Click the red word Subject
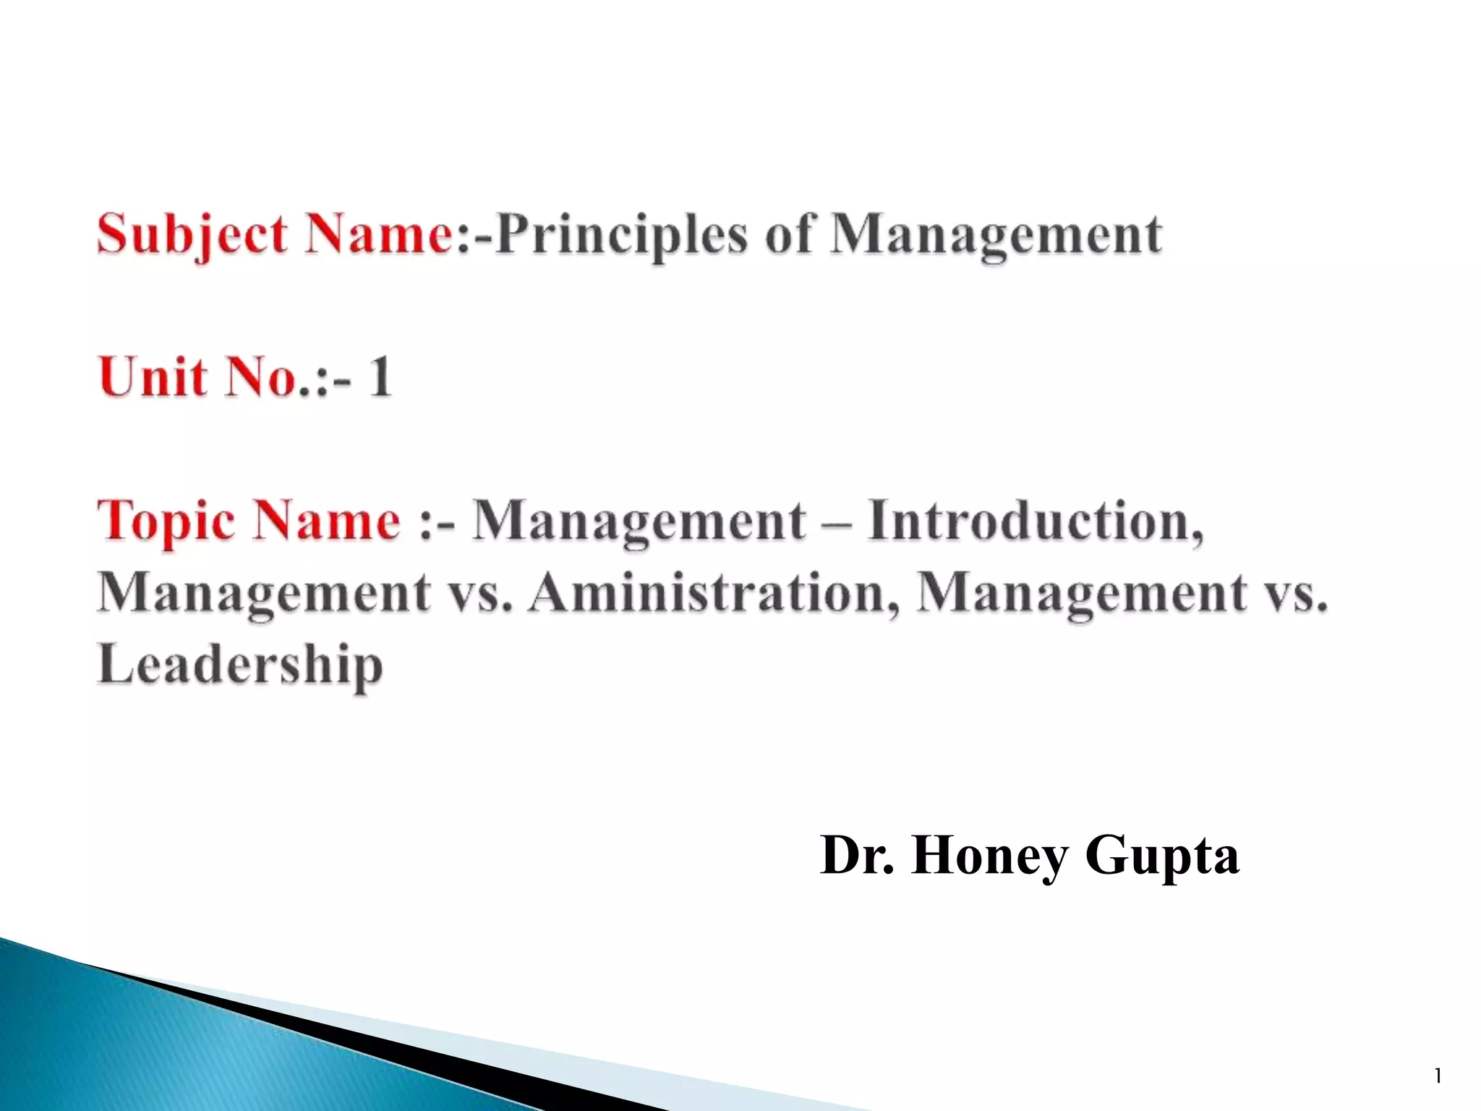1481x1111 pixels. click(192, 235)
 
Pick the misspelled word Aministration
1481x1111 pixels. click(714, 592)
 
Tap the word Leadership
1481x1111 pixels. click(240, 664)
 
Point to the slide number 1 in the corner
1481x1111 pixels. click(1438, 1077)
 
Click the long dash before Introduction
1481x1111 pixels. click(837, 521)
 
